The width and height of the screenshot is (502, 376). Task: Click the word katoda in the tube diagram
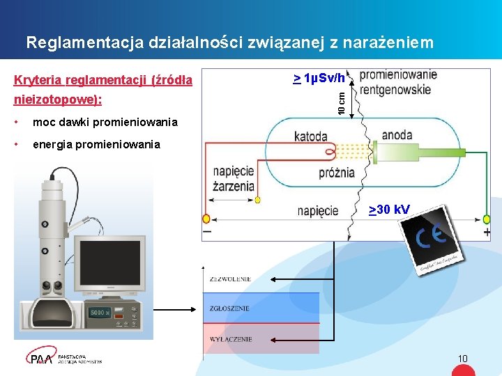[x=310, y=136]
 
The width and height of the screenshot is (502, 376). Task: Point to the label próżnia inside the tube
[x=337, y=173]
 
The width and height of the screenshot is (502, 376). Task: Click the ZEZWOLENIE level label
[x=229, y=279]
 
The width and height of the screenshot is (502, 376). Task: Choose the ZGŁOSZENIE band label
[x=229, y=308]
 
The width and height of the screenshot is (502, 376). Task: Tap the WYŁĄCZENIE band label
[x=230, y=339]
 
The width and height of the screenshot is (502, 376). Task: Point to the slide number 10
[x=462, y=359]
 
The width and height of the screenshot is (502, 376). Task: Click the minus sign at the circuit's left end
[x=207, y=232]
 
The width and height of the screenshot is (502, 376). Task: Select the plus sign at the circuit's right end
[x=487, y=232]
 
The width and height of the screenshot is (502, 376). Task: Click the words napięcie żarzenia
[x=234, y=180]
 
